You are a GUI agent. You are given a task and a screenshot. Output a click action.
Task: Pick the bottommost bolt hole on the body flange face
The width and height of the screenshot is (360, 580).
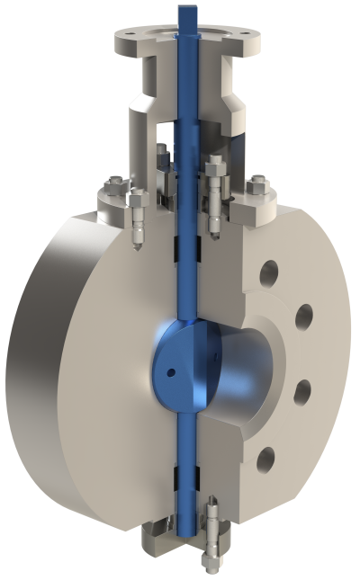(x=265, y=460)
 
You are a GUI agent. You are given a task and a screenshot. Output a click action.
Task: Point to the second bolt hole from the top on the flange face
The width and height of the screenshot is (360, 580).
(x=303, y=315)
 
